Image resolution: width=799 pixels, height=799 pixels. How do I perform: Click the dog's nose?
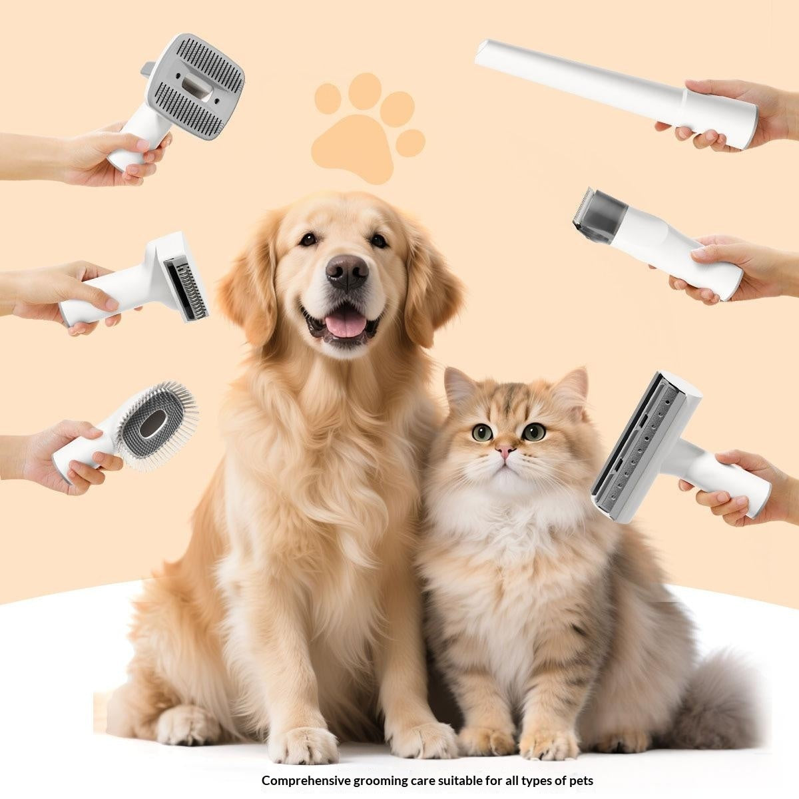[347, 272]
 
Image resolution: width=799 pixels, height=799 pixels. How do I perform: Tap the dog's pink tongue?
[345, 325]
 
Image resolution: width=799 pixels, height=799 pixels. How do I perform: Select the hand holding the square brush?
[104, 153]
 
